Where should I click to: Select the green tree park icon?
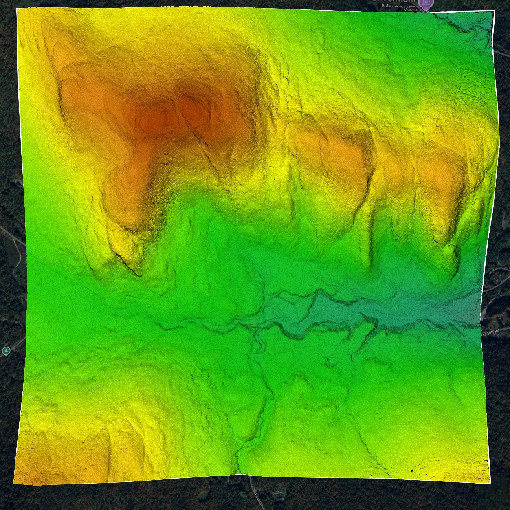pyautogui.click(x=6, y=351)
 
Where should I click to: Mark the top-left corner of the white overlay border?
pyautogui.click(x=17, y=9)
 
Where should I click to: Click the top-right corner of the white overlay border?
pyautogui.click(x=494, y=11)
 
